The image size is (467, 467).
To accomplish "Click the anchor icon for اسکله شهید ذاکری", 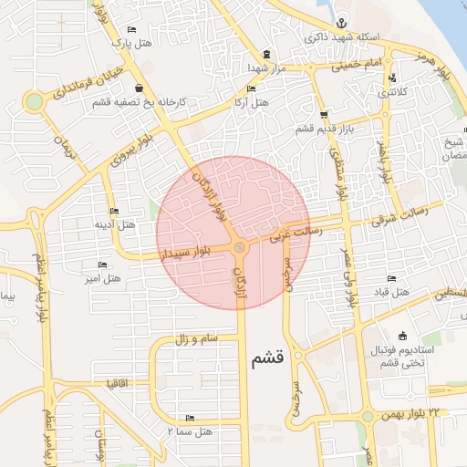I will coord(338,23).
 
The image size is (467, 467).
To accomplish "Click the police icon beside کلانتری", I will coord(391,78).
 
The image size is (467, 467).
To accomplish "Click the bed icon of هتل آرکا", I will coord(252,88).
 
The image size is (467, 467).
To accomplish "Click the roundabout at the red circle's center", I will coord(239,248).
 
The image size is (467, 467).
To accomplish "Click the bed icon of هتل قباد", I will coord(391,278).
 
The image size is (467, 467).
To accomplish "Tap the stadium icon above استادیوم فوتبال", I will coord(402,336).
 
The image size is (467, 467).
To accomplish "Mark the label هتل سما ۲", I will coord(190,430).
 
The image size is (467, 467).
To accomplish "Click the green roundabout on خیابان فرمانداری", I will coord(34,101).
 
